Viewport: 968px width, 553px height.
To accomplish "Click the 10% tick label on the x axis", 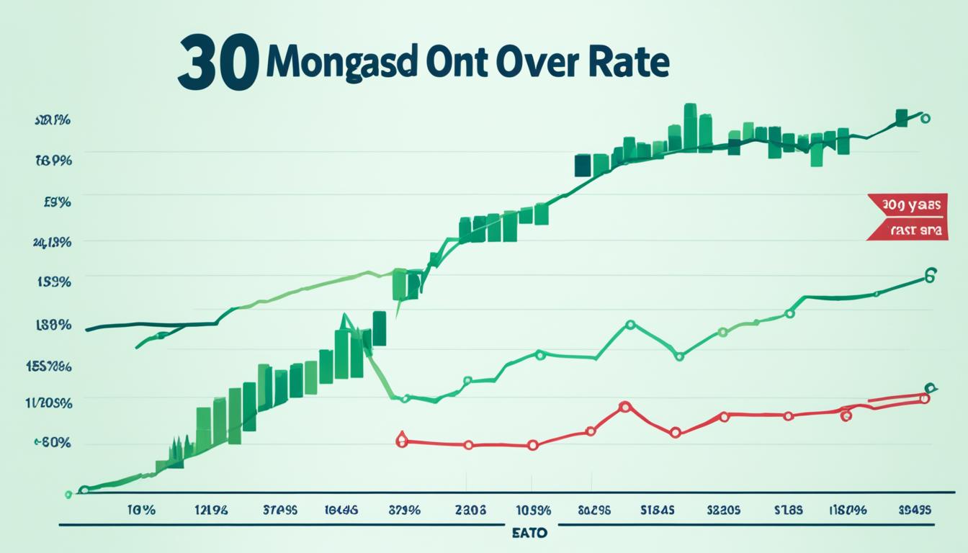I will [x=141, y=511].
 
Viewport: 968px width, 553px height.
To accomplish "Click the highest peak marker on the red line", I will [x=624, y=408].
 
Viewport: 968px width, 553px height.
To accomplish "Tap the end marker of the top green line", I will [x=926, y=118].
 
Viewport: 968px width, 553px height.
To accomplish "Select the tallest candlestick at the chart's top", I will [x=689, y=127].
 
